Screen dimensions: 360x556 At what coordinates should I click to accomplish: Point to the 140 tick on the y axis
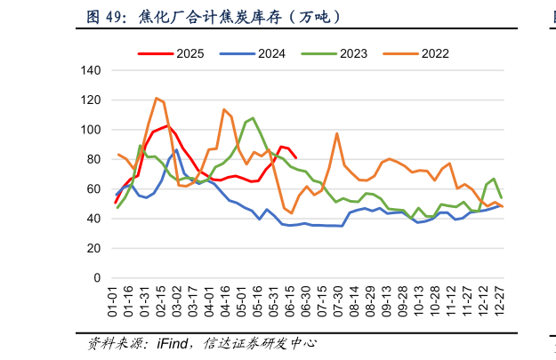[92, 70]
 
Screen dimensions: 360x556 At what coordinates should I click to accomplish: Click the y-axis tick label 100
[92, 130]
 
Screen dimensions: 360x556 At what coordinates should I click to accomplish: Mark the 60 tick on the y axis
[95, 189]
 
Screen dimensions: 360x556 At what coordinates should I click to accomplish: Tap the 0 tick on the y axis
[98, 278]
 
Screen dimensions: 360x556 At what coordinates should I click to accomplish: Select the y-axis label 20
[95, 249]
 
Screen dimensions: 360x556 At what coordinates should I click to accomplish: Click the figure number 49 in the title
[114, 17]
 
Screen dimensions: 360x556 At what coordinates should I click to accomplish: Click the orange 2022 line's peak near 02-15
[157, 98]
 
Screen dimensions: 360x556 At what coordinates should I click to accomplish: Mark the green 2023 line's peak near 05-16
[253, 117]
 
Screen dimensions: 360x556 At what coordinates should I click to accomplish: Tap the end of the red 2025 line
[295, 158]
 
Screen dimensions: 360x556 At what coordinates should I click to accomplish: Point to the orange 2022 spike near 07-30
[337, 133]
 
